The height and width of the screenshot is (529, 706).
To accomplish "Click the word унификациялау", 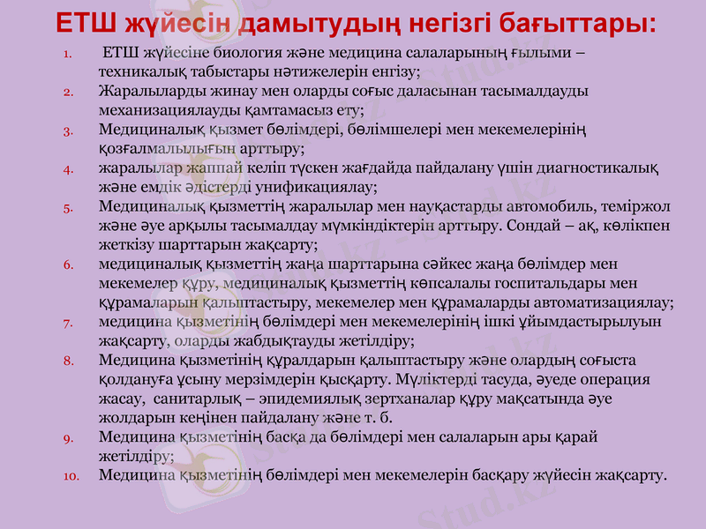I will [322, 187].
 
